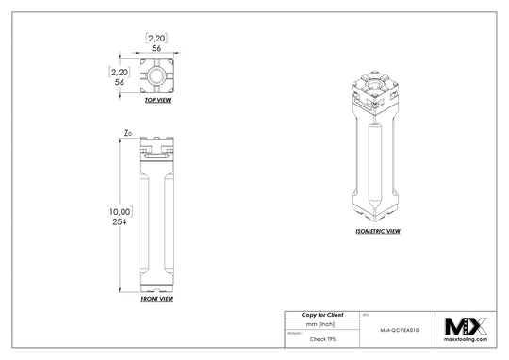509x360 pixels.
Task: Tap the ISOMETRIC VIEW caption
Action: tap(378, 230)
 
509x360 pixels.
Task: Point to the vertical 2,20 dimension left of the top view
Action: tap(119, 71)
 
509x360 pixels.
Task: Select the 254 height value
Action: tap(120, 222)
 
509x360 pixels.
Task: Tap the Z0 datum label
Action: tap(127, 134)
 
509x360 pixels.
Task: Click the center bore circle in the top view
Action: tap(156, 73)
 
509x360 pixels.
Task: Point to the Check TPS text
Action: tap(322, 337)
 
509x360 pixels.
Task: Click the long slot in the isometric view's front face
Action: tap(375, 165)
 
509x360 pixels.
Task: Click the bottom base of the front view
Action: tap(156, 283)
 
